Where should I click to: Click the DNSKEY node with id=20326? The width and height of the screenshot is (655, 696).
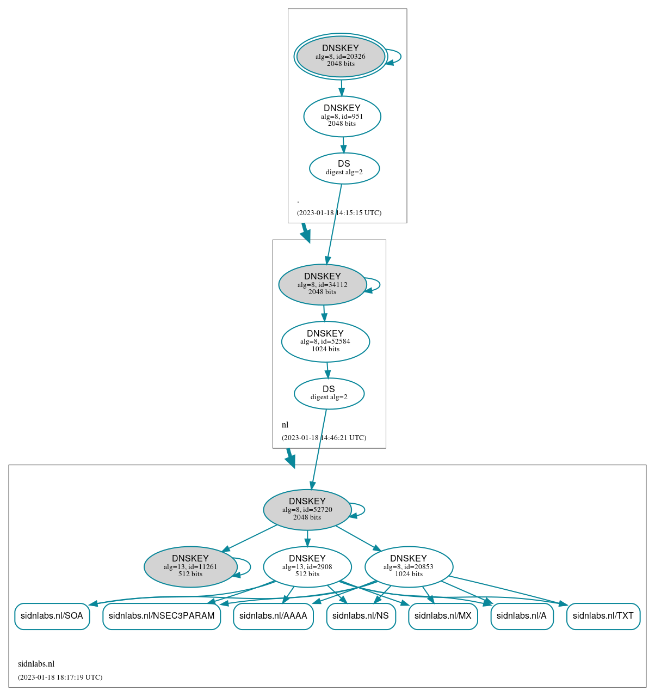(341, 56)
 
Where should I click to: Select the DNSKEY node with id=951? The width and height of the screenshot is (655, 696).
(342, 116)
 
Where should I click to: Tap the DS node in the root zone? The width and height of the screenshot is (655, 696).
(344, 168)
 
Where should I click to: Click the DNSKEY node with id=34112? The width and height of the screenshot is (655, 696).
(322, 284)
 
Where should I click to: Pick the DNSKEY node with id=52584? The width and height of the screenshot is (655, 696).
(325, 341)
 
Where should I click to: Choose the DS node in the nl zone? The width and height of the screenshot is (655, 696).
(329, 393)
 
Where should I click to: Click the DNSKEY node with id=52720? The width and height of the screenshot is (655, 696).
(307, 509)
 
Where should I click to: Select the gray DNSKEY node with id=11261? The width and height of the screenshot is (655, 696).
(190, 566)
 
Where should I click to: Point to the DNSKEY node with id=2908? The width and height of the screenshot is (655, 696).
(307, 566)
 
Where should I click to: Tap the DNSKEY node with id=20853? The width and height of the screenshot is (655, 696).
(409, 566)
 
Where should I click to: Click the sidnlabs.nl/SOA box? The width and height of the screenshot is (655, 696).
(52, 616)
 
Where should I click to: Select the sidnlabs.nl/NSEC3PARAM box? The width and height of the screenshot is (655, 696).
(162, 616)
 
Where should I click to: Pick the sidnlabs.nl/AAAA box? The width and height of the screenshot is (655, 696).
(273, 616)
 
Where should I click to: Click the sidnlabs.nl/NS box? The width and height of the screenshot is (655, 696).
(361, 616)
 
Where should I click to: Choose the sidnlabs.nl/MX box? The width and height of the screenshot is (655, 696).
(443, 616)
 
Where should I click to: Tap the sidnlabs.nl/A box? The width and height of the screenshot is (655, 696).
(522, 616)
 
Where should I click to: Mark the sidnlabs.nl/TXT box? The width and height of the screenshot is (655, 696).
(603, 616)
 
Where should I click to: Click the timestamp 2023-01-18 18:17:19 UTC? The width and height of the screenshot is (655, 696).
(60, 677)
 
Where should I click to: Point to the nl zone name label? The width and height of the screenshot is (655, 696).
(285, 425)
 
